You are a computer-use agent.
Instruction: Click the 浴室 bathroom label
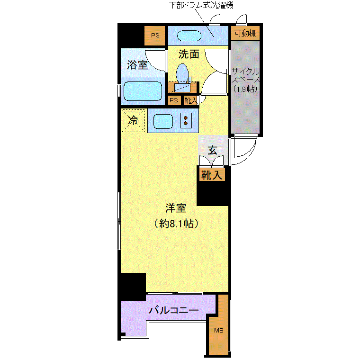point(137,65)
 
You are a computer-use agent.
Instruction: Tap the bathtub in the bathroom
point(143,91)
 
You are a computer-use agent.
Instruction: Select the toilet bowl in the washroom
point(182,73)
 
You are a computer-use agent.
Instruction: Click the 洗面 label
point(189,54)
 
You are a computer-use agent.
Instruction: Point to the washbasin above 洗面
point(189,36)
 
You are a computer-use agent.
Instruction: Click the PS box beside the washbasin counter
point(155,36)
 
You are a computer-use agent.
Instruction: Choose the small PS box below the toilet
point(174,100)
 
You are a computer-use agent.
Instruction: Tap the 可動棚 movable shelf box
point(245,33)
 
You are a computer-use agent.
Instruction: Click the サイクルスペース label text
point(245,80)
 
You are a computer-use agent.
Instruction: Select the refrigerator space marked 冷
point(133,120)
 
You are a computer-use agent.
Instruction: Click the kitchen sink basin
point(163,121)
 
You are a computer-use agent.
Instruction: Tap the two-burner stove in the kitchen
point(186,120)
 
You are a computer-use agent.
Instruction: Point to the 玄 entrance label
point(212,151)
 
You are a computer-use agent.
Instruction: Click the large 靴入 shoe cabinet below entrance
point(212,175)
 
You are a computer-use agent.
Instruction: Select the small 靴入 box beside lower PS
point(190,100)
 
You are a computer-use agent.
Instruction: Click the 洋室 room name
point(176,208)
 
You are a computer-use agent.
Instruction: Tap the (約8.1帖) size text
point(176,224)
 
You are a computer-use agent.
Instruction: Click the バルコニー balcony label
point(174,310)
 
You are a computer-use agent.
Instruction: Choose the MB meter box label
point(218,330)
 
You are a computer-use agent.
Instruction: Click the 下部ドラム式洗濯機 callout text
point(201,5)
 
